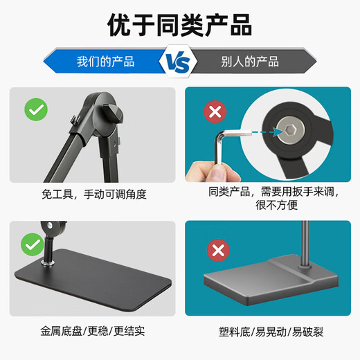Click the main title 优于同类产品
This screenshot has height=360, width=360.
179,25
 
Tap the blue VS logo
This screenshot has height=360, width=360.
178,62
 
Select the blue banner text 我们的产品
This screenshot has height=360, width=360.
105,62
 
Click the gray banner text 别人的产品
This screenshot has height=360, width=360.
250,62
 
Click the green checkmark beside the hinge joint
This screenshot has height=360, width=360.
36,109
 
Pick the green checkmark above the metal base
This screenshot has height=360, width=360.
33,244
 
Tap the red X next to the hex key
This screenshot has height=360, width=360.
215,111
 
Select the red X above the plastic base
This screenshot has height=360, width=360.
218,250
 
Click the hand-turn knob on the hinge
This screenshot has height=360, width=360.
113,114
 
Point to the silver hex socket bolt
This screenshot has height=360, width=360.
290,130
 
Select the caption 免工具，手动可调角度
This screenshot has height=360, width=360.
94,194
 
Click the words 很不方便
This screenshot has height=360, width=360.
276,205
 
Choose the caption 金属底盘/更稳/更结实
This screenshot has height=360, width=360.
93,331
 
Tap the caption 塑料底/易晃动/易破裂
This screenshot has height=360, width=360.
271,332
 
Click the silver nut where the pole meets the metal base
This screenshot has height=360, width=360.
47,262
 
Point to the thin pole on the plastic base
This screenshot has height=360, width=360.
305,244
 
